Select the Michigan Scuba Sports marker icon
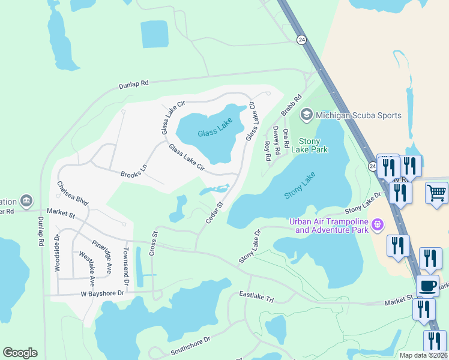coord(306,115)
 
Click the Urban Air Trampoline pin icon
coord(377,225)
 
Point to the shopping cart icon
coord(436,193)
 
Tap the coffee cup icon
coord(427,286)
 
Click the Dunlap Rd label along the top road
coord(133,85)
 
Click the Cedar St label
coord(214,213)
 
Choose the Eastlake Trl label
coord(256,296)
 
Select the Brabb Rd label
coord(291,106)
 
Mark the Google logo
coord(20,353)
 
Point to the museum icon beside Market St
coord(26,200)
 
